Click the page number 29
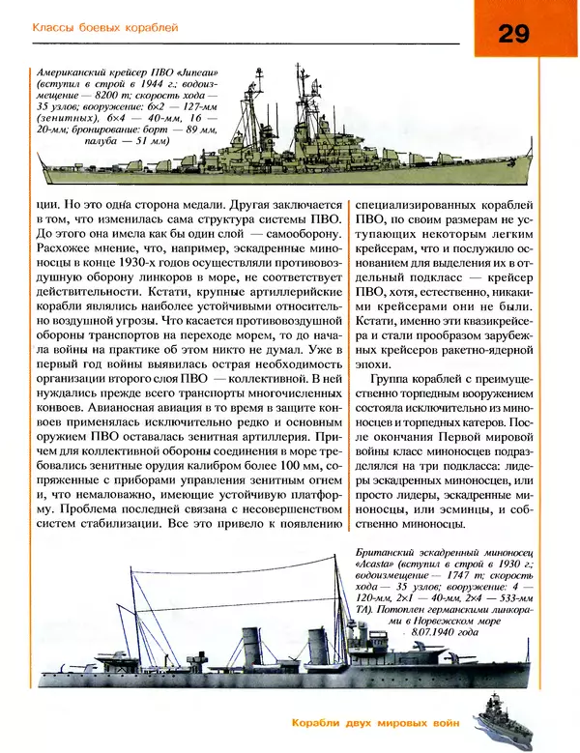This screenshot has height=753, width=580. tap(514, 35)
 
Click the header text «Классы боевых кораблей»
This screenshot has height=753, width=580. tap(105, 29)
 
